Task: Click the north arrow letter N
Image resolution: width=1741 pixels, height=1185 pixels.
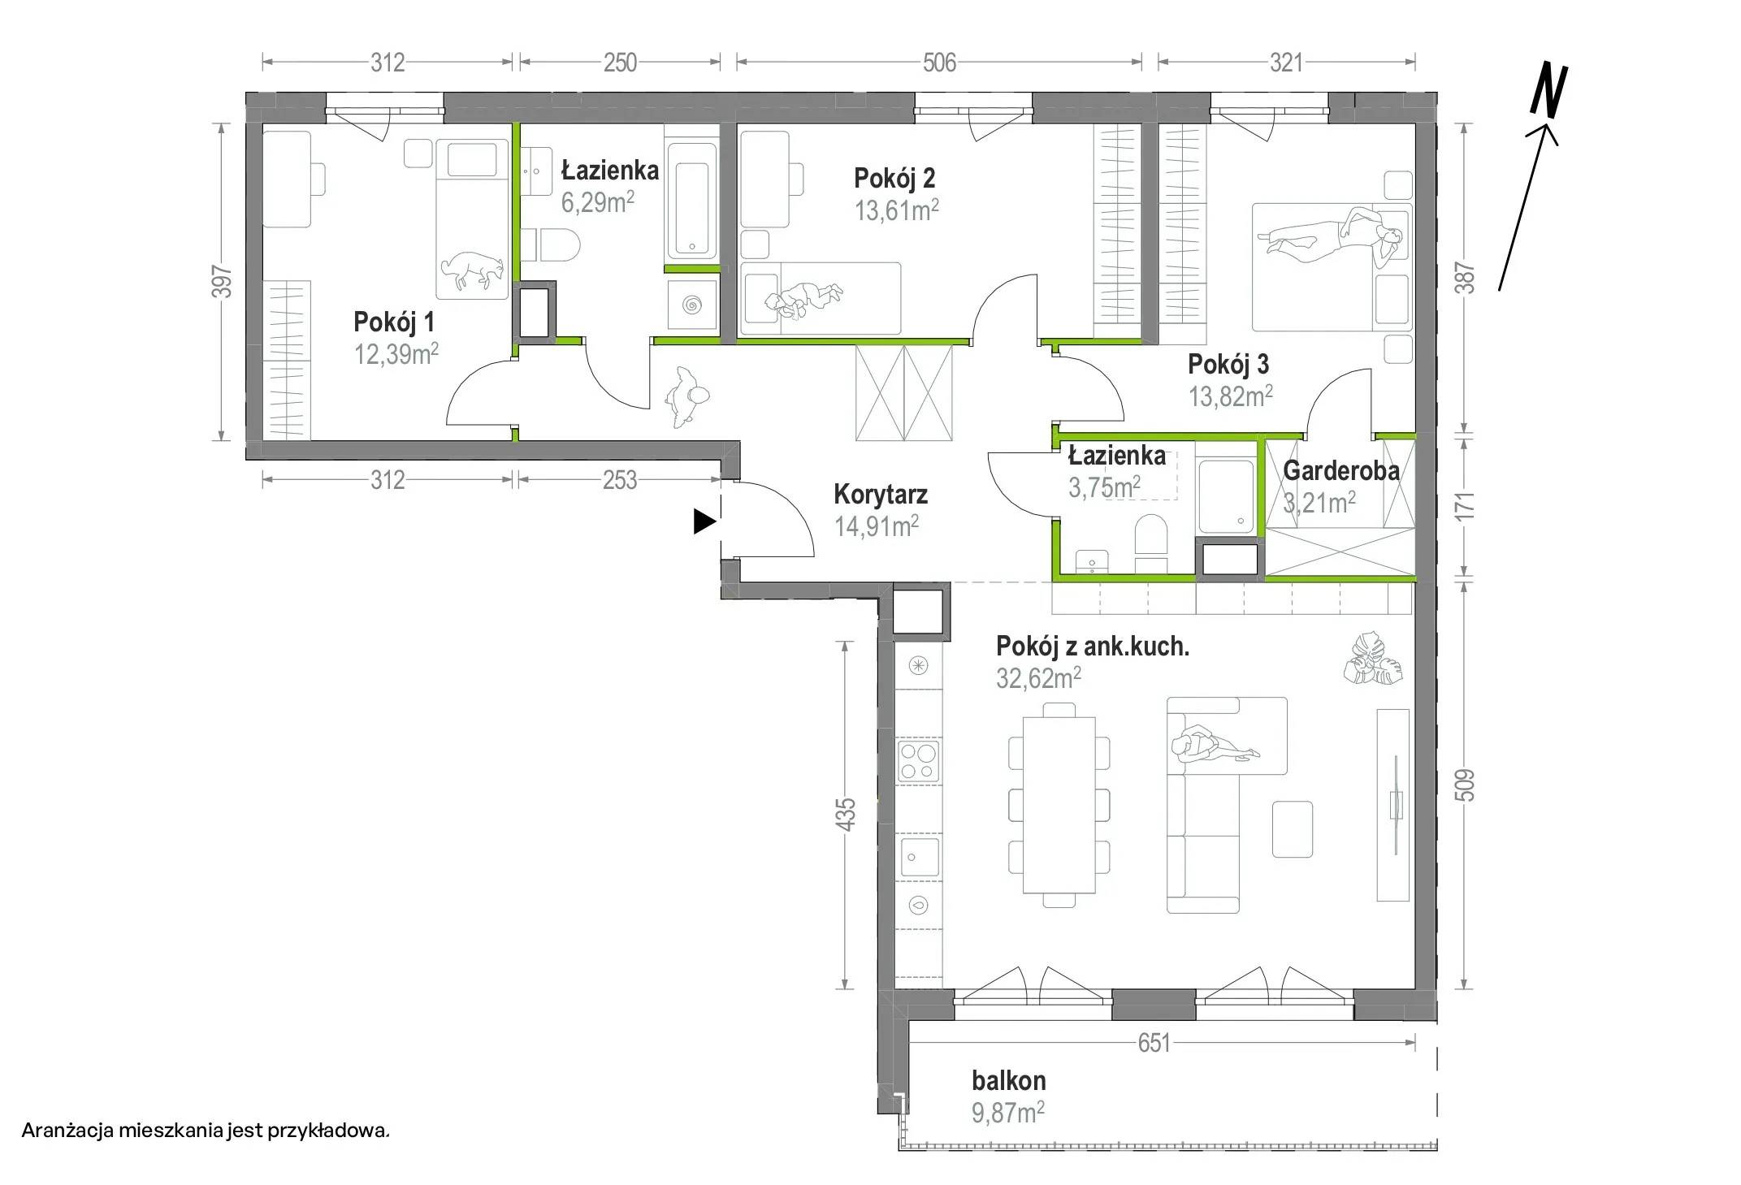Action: pos(1548,90)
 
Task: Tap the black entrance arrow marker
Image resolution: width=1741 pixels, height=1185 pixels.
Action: pos(704,521)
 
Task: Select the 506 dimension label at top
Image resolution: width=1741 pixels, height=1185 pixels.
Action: pos(939,63)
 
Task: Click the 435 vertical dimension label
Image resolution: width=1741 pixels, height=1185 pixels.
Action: pos(846,814)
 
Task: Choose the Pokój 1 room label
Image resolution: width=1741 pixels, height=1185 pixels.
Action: pos(394,322)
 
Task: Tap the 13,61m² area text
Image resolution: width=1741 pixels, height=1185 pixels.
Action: pos(896,210)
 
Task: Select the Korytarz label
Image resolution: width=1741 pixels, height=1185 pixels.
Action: pos(881,494)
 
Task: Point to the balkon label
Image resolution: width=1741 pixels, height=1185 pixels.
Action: pos(1009,1080)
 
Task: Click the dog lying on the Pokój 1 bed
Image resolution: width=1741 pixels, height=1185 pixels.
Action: pos(470,269)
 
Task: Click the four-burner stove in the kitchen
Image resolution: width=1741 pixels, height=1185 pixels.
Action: pos(918,761)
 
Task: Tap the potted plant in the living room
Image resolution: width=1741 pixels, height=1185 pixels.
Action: pos(1372,660)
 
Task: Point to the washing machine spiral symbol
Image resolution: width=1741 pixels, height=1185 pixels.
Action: pos(692,305)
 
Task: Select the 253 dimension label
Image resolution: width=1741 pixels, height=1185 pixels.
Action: pos(619,481)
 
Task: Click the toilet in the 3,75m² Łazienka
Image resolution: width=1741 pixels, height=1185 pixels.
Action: pos(1150,538)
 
